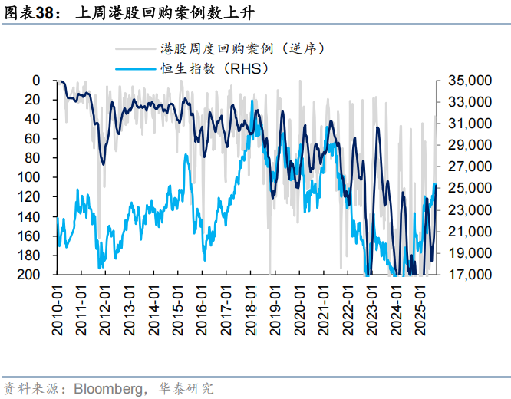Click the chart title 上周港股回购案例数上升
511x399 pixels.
[166, 13]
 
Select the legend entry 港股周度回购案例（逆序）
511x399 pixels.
[245, 48]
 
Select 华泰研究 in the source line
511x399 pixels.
[186, 388]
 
